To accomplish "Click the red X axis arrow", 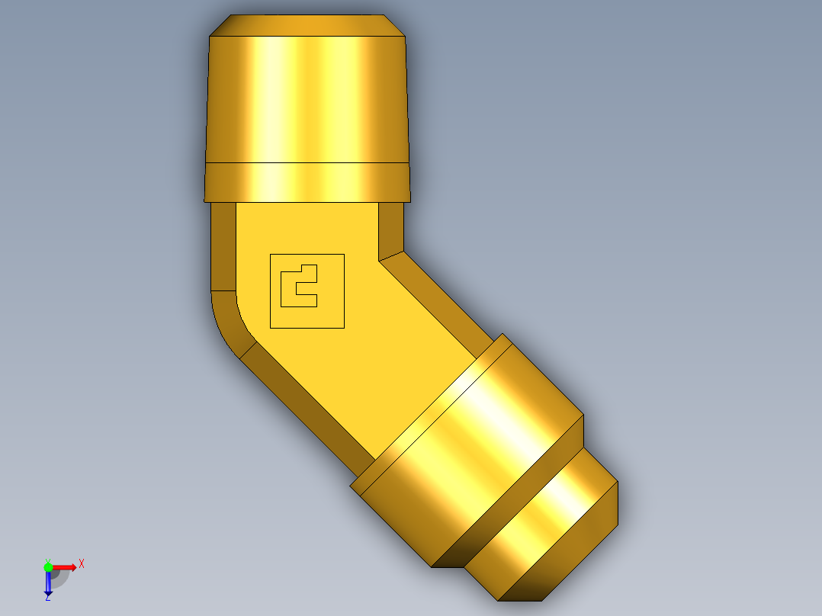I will (65, 567).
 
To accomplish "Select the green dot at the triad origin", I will (48, 567).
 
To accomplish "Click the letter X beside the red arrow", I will (82, 563).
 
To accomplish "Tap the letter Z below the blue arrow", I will (48, 598).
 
